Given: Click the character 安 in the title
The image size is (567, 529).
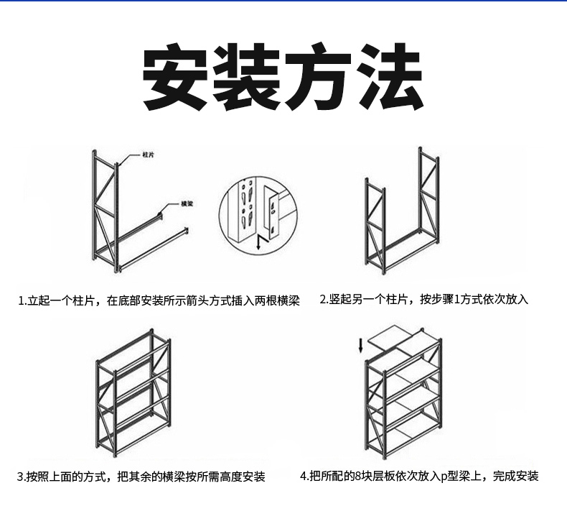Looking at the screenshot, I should [x=177, y=77].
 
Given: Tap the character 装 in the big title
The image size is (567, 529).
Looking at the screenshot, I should [x=248, y=77].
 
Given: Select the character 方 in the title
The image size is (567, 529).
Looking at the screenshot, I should [x=319, y=77].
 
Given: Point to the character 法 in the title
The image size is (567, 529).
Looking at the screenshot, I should [x=390, y=77].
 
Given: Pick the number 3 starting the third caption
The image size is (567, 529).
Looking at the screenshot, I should [x=20, y=477].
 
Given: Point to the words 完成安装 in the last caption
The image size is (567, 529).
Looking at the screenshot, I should [x=516, y=476].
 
